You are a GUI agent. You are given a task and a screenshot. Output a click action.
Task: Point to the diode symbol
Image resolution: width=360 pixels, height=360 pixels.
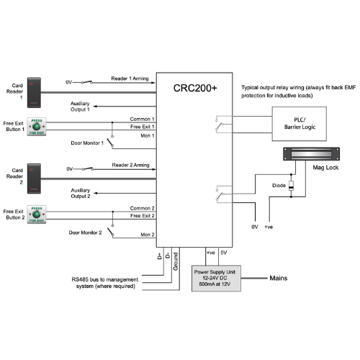click(291, 188)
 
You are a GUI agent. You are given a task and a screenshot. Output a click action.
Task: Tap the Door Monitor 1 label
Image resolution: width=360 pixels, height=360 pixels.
click(87, 143)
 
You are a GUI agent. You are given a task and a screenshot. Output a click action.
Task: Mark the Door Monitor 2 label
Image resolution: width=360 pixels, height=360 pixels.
click(86, 233)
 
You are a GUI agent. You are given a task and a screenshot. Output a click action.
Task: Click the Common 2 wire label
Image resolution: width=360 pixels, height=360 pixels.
click(143, 208)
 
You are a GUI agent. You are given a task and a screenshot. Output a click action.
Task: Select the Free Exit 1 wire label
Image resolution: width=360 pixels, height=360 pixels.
click(143, 127)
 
